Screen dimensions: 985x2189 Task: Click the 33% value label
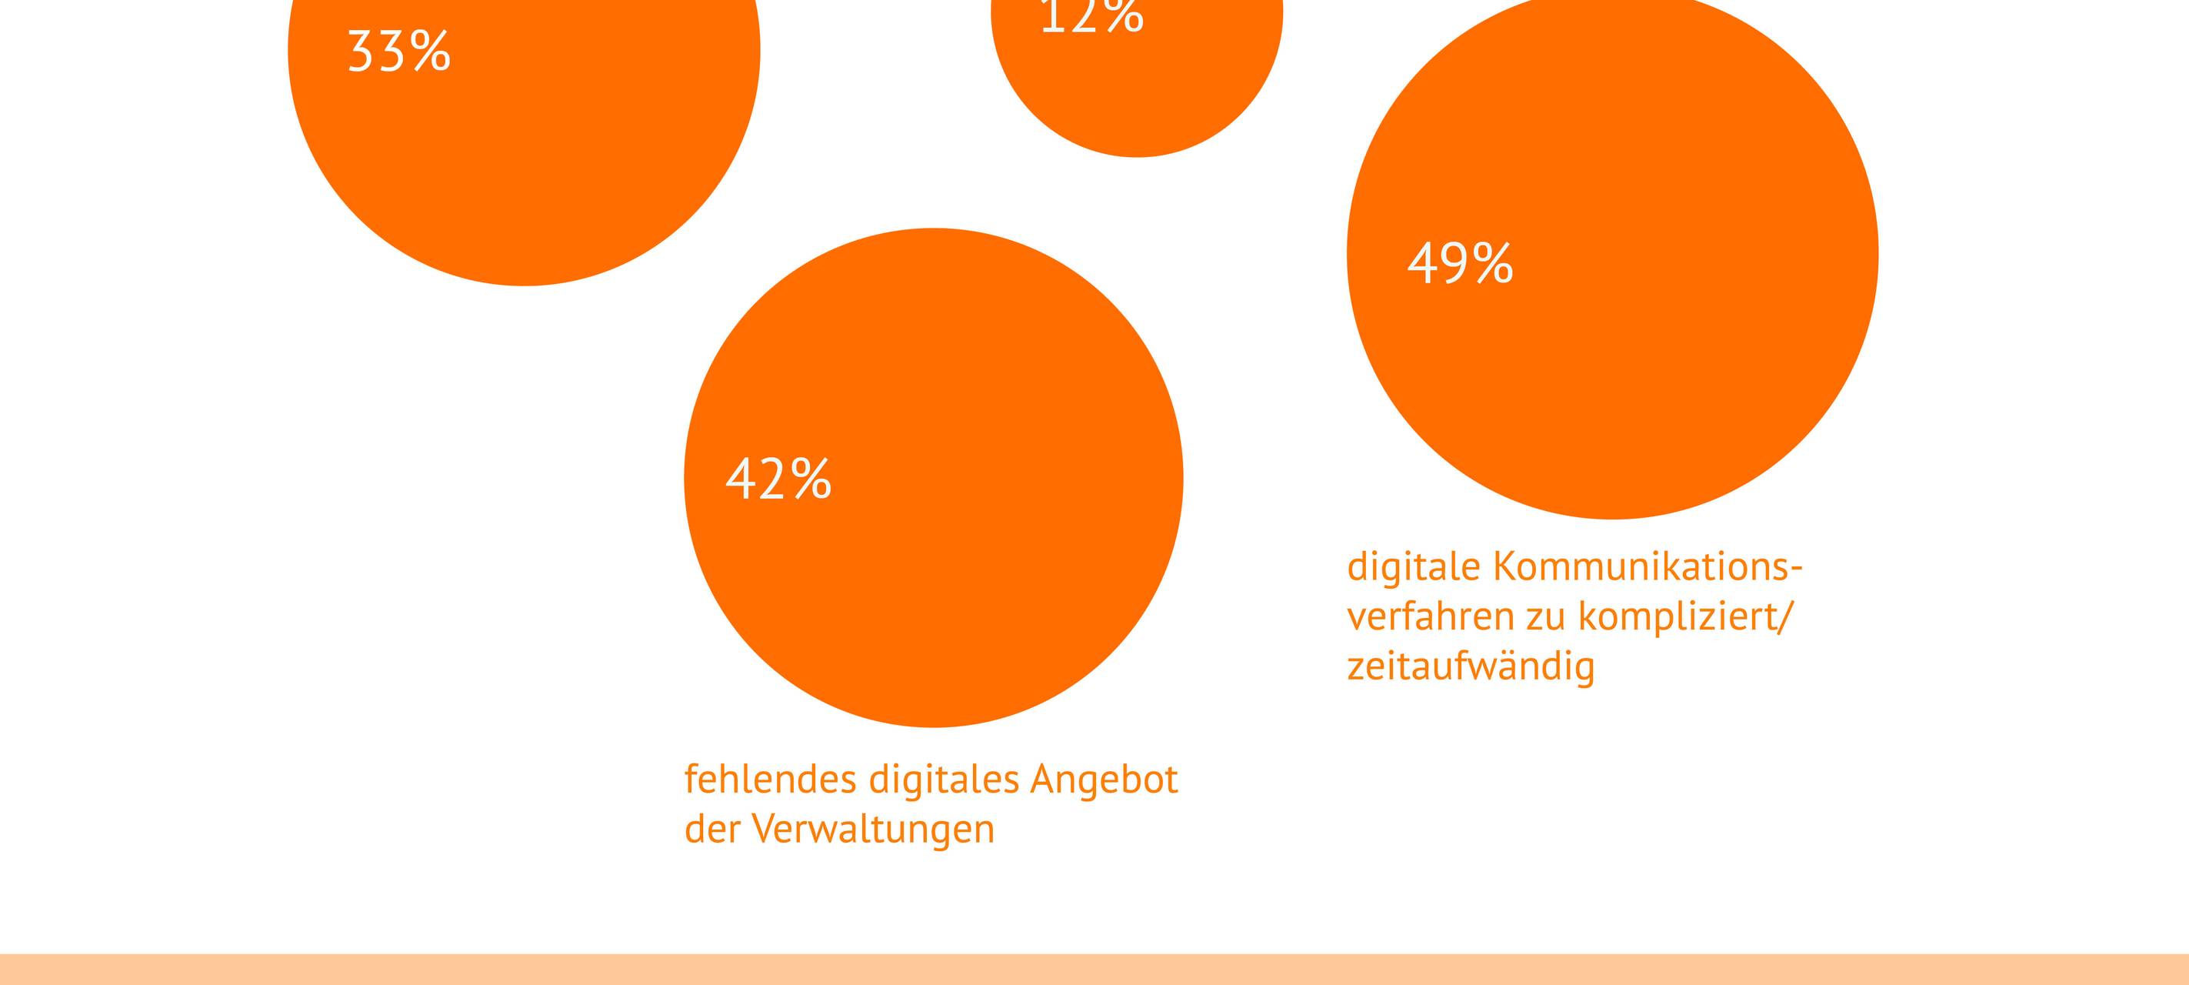(x=398, y=52)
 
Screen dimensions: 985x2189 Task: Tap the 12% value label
(x=1091, y=15)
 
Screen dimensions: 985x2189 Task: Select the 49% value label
(x=1460, y=263)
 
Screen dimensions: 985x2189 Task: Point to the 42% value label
(x=778, y=479)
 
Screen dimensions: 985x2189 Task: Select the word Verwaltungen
(x=874, y=830)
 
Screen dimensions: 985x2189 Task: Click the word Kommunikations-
(x=1647, y=567)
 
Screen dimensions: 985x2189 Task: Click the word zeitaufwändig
(x=1470, y=666)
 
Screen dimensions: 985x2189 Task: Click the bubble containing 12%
(x=1137, y=85)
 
